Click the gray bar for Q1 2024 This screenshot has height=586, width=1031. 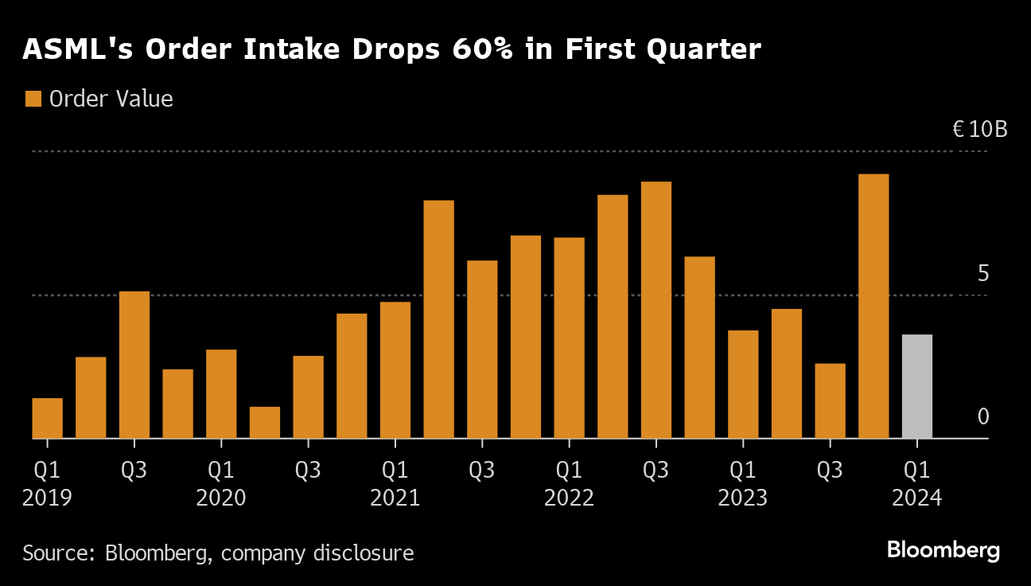pyautogui.click(x=916, y=387)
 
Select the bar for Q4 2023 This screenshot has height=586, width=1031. pyautogui.click(x=873, y=307)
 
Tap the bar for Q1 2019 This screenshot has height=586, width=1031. pyautogui.click(x=48, y=418)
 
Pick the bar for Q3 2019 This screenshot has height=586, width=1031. pyautogui.click(x=134, y=365)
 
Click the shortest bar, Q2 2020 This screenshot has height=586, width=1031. pyautogui.click(x=265, y=423)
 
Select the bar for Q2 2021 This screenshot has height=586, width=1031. pyautogui.click(x=438, y=319)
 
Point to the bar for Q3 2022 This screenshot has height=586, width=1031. pyautogui.click(x=656, y=311)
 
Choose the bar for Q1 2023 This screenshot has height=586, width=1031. pyautogui.click(x=743, y=385)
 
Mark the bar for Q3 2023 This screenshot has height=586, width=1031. pyautogui.click(x=830, y=401)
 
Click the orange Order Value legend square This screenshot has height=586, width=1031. pyautogui.click(x=33, y=99)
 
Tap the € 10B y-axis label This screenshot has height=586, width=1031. pyautogui.click(x=980, y=129)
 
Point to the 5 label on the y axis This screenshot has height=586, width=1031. pyautogui.click(x=982, y=273)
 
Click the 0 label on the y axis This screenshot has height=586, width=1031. pyautogui.click(x=982, y=416)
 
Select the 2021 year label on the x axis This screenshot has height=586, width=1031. pyautogui.click(x=395, y=498)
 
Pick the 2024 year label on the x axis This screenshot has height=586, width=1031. pyautogui.click(x=916, y=498)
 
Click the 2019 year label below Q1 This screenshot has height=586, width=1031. pyautogui.click(x=48, y=498)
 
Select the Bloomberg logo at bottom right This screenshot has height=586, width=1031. pyautogui.click(x=943, y=549)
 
